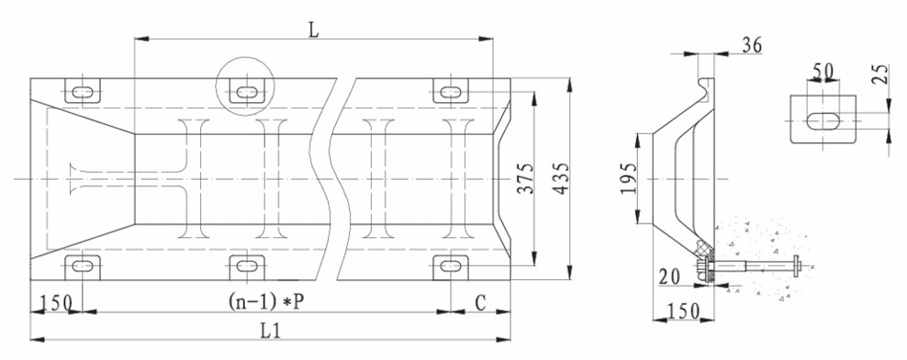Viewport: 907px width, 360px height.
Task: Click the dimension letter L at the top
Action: click(314, 29)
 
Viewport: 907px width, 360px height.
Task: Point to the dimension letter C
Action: click(481, 301)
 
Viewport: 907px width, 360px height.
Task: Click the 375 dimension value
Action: click(526, 178)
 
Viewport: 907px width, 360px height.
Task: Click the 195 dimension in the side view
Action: click(629, 177)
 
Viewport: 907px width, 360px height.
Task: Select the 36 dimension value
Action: click(752, 45)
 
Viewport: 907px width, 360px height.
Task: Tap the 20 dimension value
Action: click(669, 278)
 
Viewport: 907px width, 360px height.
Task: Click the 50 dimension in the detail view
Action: click(823, 71)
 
